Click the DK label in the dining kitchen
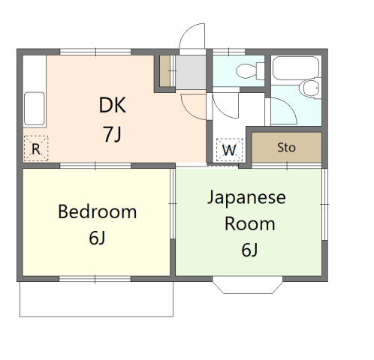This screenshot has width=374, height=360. (x=113, y=105)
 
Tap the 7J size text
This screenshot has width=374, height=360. (x=113, y=134)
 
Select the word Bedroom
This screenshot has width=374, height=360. (x=98, y=211)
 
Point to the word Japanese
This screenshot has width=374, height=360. (x=246, y=197)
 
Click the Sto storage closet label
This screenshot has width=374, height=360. (x=286, y=148)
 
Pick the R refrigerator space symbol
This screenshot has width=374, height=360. (x=36, y=148)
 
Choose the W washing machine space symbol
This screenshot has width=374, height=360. (x=229, y=150)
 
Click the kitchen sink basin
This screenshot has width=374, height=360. (x=35, y=109)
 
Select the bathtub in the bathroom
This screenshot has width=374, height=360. (x=295, y=68)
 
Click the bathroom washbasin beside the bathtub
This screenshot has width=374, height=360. (x=311, y=88)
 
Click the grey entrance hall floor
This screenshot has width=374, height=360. (x=191, y=72)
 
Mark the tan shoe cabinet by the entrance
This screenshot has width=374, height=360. (x=165, y=71)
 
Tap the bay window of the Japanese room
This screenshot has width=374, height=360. (x=248, y=285)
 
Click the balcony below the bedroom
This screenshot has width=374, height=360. (x=96, y=299)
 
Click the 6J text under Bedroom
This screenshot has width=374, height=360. (x=97, y=238)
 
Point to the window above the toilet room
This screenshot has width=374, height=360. (x=229, y=52)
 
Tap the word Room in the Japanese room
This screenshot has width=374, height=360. (x=250, y=223)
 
